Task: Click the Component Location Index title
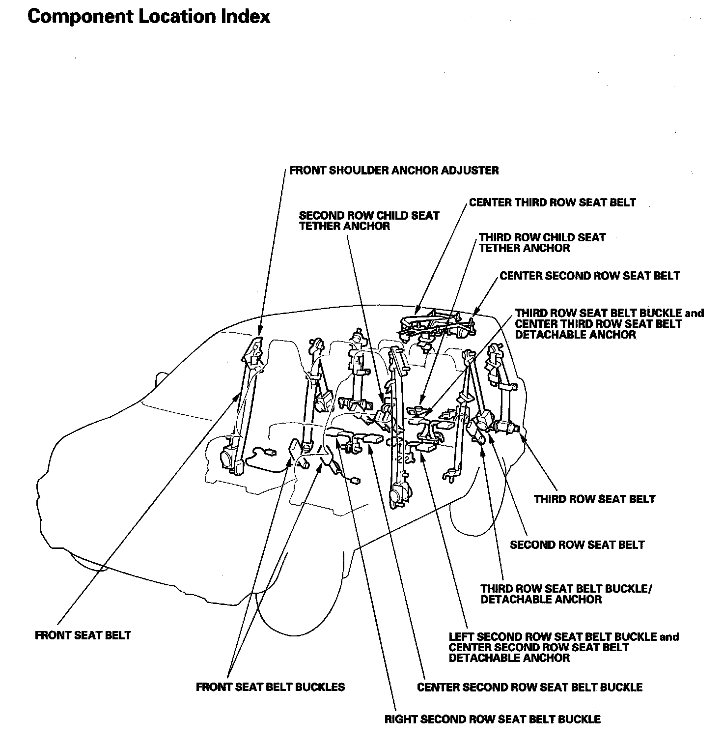pyautogui.click(x=149, y=17)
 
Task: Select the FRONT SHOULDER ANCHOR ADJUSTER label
pyautogui.click(x=394, y=171)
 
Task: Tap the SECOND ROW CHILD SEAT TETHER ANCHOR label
pyautogui.click(x=369, y=221)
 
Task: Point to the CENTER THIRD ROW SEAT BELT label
pyautogui.click(x=552, y=202)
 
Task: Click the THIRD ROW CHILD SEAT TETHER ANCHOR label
pyautogui.click(x=542, y=243)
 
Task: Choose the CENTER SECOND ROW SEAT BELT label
pyautogui.click(x=589, y=276)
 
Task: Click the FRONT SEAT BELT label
pyautogui.click(x=83, y=635)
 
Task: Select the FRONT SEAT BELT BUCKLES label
pyautogui.click(x=270, y=687)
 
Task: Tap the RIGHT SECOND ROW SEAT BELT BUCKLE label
pyautogui.click(x=492, y=719)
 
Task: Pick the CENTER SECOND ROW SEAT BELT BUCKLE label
pyautogui.click(x=529, y=687)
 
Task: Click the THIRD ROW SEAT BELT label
pyautogui.click(x=594, y=499)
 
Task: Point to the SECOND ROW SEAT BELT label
pyautogui.click(x=577, y=545)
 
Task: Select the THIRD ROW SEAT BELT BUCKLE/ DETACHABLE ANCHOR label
pyautogui.click(x=566, y=594)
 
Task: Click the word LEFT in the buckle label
pyautogui.click(x=461, y=637)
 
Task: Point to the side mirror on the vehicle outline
pyautogui.click(x=161, y=379)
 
